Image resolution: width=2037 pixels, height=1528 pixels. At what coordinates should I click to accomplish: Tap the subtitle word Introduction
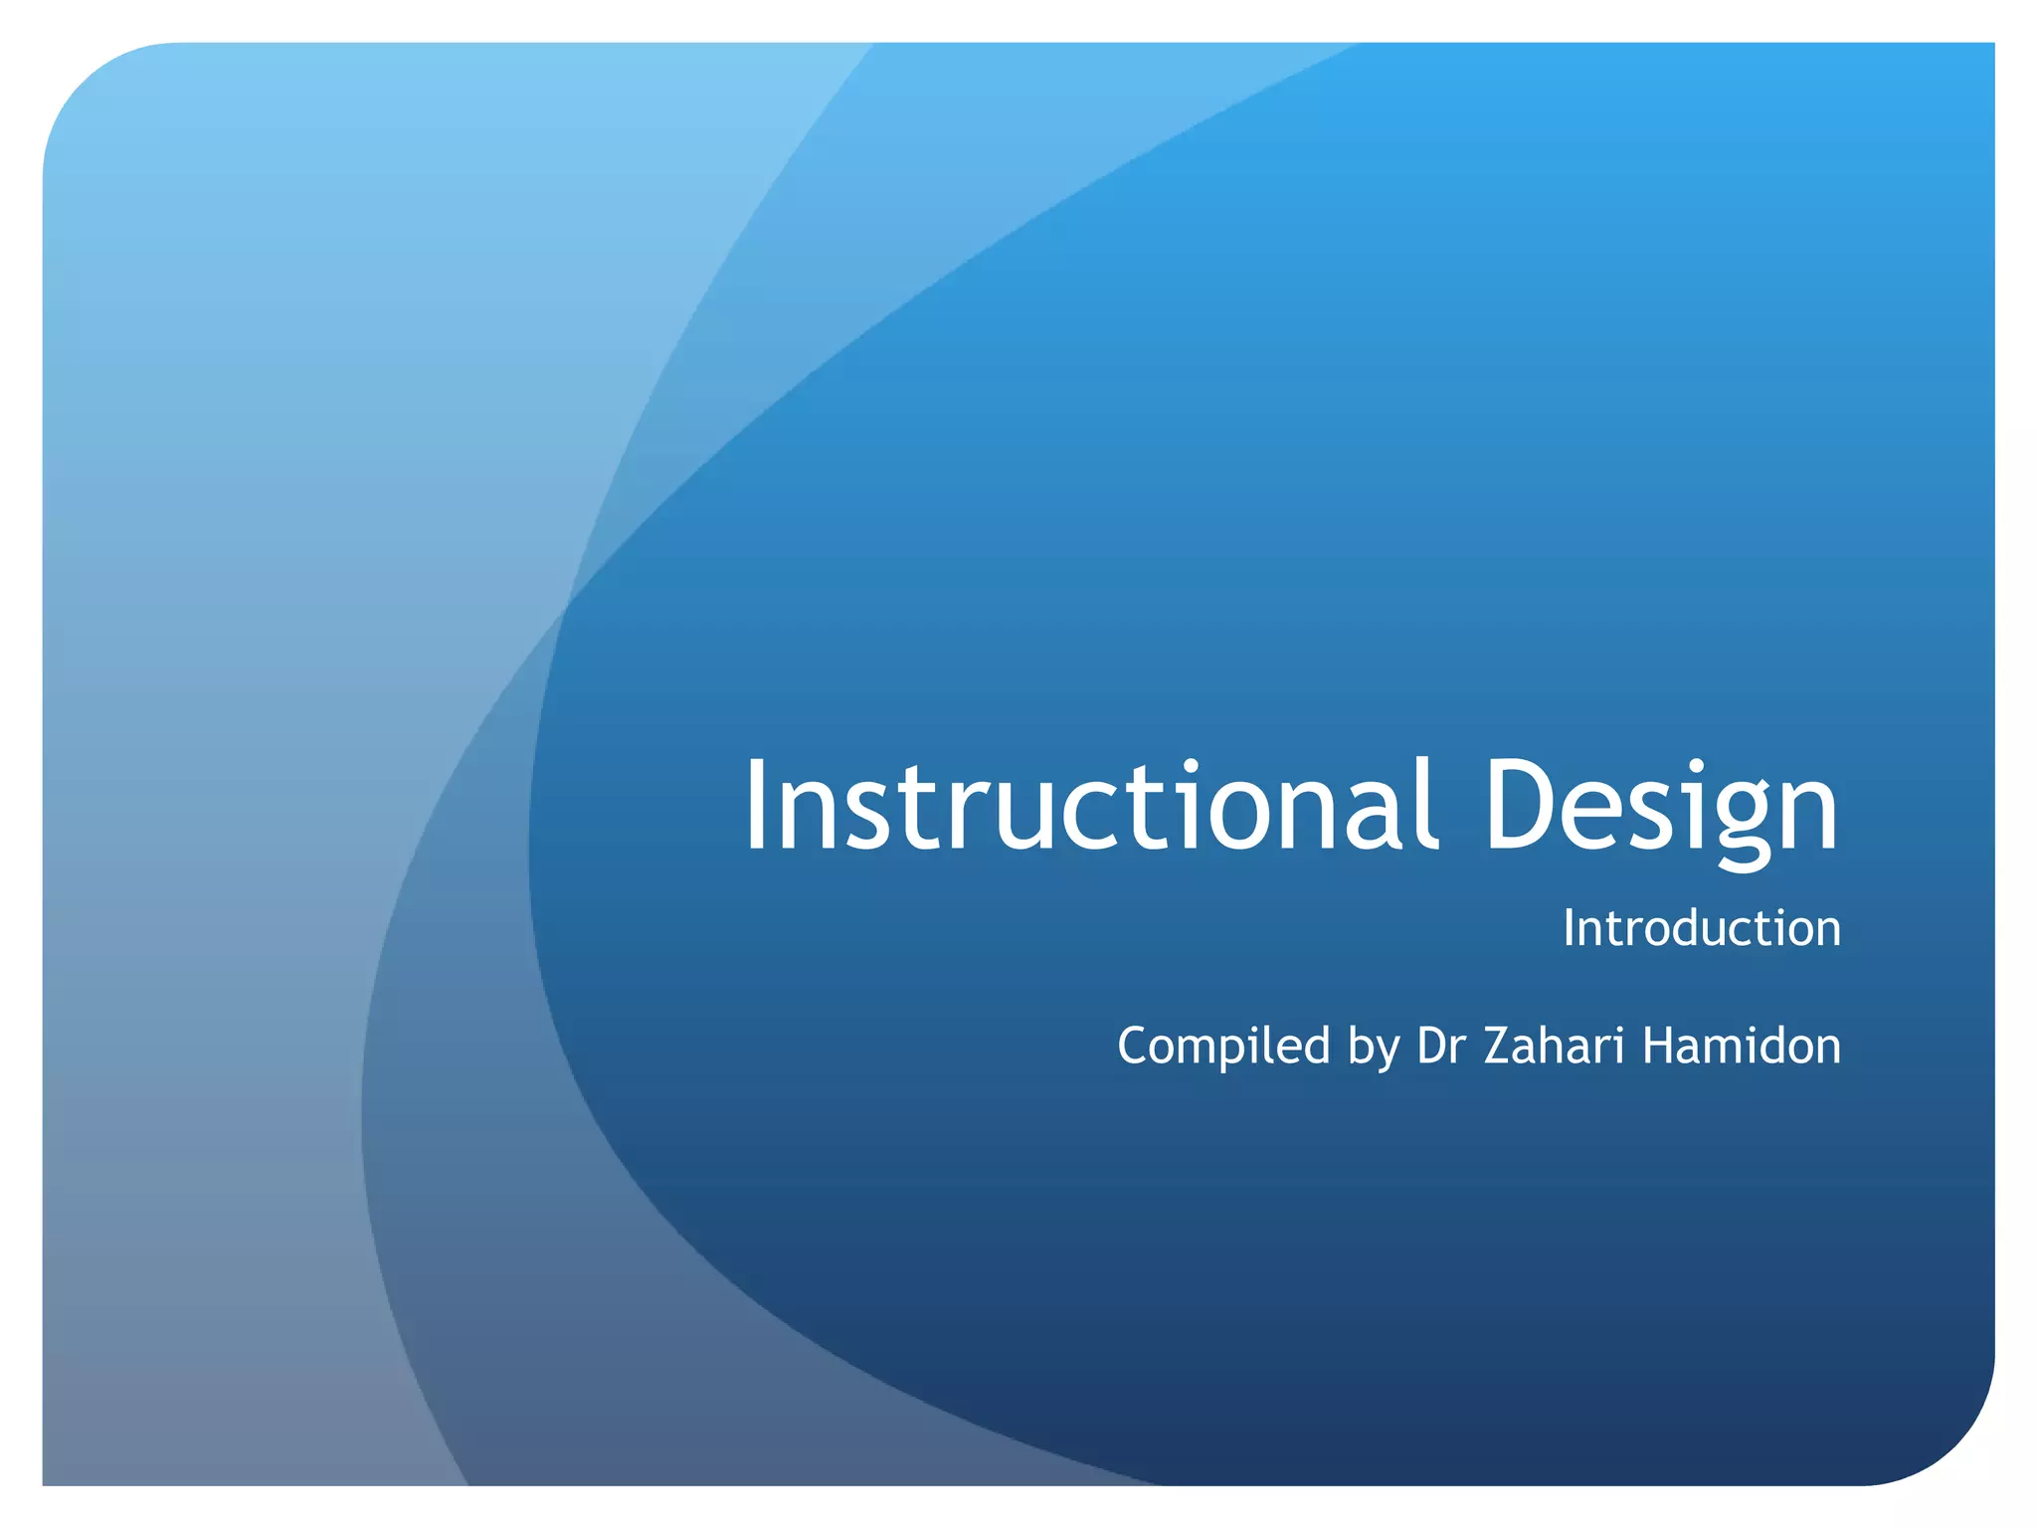click(1701, 928)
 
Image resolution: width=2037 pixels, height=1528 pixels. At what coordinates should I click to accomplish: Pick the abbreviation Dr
click(1440, 1046)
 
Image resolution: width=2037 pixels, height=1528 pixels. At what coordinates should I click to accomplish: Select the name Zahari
click(1554, 1046)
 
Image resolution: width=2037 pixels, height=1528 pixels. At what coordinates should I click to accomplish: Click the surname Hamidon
click(1742, 1046)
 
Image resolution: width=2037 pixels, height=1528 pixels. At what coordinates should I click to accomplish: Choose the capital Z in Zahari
click(1499, 1046)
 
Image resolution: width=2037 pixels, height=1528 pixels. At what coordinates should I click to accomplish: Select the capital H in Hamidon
click(1660, 1046)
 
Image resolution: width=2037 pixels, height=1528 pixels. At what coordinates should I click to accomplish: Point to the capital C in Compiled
click(1134, 1046)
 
